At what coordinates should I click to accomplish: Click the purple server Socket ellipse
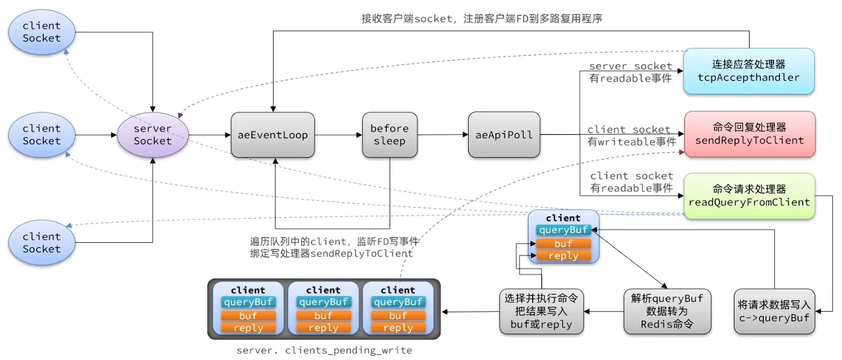[x=153, y=135]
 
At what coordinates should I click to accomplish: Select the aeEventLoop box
[x=272, y=135]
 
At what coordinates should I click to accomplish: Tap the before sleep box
[x=390, y=135]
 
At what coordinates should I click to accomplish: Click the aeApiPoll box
[x=504, y=135]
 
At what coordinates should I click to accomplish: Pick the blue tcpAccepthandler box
[x=749, y=71]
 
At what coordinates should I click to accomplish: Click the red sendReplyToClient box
[x=750, y=133]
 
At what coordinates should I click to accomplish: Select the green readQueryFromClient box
[x=749, y=196]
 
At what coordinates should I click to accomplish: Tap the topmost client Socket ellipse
[x=42, y=32]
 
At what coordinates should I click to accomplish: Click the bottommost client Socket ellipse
[x=42, y=242]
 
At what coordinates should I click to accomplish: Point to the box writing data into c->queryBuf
[x=774, y=311]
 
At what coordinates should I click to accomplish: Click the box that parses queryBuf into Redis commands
[x=667, y=311]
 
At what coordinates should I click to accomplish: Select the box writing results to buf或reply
[x=541, y=311]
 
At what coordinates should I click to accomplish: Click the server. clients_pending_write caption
[x=324, y=350]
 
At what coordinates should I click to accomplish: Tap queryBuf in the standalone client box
[x=563, y=230]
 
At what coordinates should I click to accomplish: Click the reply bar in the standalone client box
[x=563, y=256]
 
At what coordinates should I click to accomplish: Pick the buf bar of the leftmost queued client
[x=248, y=315]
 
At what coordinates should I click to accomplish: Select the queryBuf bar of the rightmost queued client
[x=398, y=302]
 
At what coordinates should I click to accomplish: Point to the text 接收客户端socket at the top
[x=407, y=18]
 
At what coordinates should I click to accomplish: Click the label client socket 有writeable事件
[x=632, y=136]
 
